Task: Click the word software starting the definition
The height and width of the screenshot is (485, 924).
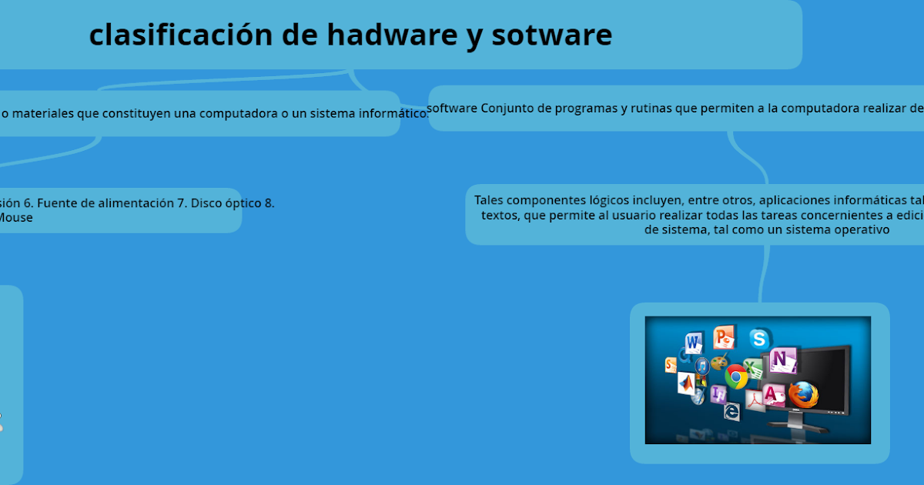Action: pos(452,108)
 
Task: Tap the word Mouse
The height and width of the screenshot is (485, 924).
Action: pos(15,218)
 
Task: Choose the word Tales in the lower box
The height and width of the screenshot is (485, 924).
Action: pos(489,200)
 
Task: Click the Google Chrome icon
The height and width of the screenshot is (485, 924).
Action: pos(736,376)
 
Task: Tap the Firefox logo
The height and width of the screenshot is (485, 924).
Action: pos(802,395)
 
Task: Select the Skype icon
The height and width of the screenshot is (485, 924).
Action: pos(759,338)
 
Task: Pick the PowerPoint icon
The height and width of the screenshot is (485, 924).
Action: pos(724,336)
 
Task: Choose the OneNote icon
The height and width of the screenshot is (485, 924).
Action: pos(782,360)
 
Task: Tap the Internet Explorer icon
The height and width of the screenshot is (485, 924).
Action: pos(731,413)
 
